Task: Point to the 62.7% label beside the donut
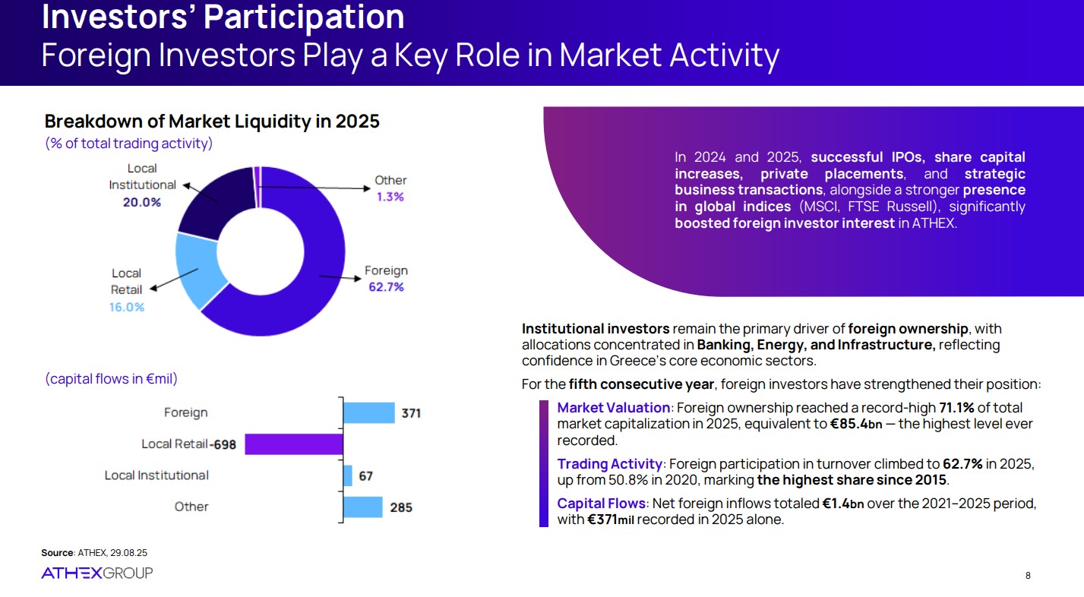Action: [x=386, y=287]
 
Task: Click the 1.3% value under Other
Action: [x=390, y=197]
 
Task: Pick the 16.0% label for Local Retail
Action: [x=127, y=307]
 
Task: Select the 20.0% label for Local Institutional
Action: [x=142, y=202]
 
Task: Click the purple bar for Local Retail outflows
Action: [x=293, y=444]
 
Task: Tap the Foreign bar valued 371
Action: [x=368, y=413]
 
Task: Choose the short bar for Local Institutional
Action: [x=348, y=475]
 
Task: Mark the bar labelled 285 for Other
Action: [x=362, y=507]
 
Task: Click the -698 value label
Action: [x=223, y=444]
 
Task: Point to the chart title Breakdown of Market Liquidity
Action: [x=212, y=122]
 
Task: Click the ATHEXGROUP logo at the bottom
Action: [x=96, y=573]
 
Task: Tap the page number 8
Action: [x=1028, y=576]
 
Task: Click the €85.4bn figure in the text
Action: [x=856, y=424]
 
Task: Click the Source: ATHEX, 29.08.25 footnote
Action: [x=94, y=553]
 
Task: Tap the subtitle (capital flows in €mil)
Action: [x=111, y=378]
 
